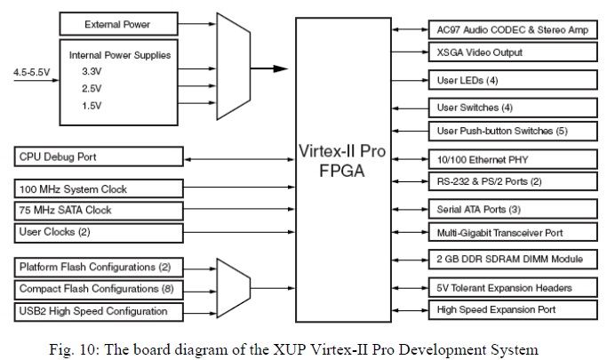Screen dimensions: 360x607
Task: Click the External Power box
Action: [118, 23]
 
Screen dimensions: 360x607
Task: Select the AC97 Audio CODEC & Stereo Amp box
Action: [513, 30]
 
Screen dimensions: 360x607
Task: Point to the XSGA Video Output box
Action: [513, 52]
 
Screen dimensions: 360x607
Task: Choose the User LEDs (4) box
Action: [513, 82]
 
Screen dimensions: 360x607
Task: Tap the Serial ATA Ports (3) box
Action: [513, 210]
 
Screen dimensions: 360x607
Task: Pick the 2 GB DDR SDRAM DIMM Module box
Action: [513, 259]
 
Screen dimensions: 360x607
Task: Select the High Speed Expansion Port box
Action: [513, 310]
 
